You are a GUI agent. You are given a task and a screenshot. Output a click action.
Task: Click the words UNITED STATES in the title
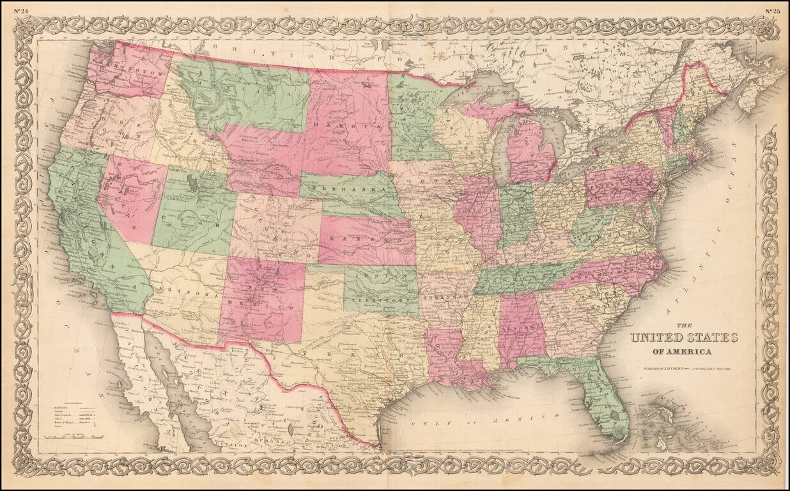(684, 338)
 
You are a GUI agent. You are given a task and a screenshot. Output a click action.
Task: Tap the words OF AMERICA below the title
(683, 352)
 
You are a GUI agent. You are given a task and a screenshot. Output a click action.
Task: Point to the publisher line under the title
(683, 370)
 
